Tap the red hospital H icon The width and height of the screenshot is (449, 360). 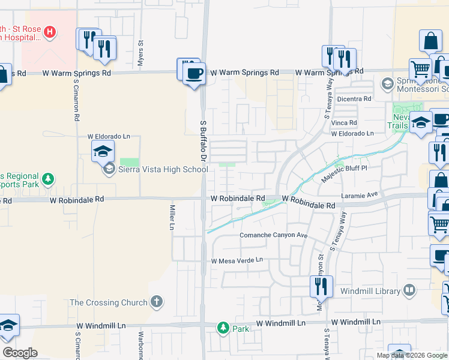(x=50, y=31)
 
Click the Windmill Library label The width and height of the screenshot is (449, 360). (x=370, y=291)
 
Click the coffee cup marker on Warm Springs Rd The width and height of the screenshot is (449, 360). (x=193, y=74)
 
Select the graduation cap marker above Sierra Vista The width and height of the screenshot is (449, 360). (x=103, y=151)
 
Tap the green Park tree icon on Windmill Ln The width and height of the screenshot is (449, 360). (x=223, y=328)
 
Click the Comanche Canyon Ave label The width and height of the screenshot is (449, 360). (x=274, y=235)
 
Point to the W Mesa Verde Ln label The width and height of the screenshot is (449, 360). (x=237, y=260)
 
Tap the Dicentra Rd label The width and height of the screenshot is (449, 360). (x=355, y=98)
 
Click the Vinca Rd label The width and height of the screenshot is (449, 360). (x=345, y=122)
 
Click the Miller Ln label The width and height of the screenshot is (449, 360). (x=171, y=217)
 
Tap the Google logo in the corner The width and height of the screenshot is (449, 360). (x=20, y=353)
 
